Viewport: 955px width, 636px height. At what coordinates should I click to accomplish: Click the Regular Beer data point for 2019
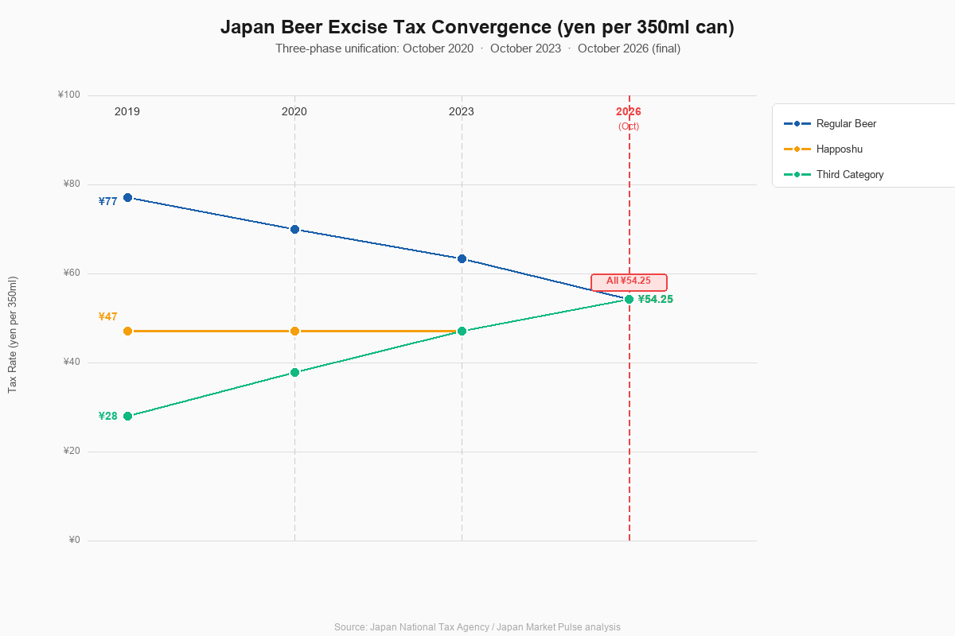click(127, 198)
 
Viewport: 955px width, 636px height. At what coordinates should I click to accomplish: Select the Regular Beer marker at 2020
click(294, 230)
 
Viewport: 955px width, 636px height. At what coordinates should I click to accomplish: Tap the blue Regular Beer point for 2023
click(462, 259)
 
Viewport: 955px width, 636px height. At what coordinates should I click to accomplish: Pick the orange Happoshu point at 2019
click(127, 331)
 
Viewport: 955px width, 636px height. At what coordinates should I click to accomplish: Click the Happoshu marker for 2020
click(294, 331)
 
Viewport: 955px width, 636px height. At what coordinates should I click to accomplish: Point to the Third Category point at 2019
click(127, 417)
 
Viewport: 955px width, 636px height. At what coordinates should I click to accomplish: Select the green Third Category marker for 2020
click(294, 373)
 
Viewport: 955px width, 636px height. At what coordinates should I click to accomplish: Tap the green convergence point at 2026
click(629, 300)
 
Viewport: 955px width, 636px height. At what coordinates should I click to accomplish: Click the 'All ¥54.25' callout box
click(629, 282)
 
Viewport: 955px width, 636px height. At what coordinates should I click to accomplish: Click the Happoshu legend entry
click(823, 149)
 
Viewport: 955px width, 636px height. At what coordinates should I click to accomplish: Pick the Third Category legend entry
click(833, 175)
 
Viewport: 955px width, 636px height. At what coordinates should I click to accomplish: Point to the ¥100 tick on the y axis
click(69, 95)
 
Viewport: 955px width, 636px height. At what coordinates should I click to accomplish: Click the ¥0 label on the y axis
click(74, 540)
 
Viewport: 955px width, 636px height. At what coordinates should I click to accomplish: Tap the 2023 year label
click(462, 111)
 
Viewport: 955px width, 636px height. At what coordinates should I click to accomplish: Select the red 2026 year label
click(629, 111)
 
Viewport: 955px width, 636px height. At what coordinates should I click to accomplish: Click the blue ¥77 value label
click(108, 201)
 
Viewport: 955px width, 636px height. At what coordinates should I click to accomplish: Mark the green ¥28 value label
click(108, 417)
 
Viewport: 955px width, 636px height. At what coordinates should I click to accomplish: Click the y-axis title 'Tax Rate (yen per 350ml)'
click(13, 335)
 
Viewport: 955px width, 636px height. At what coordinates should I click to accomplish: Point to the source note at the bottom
click(477, 627)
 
